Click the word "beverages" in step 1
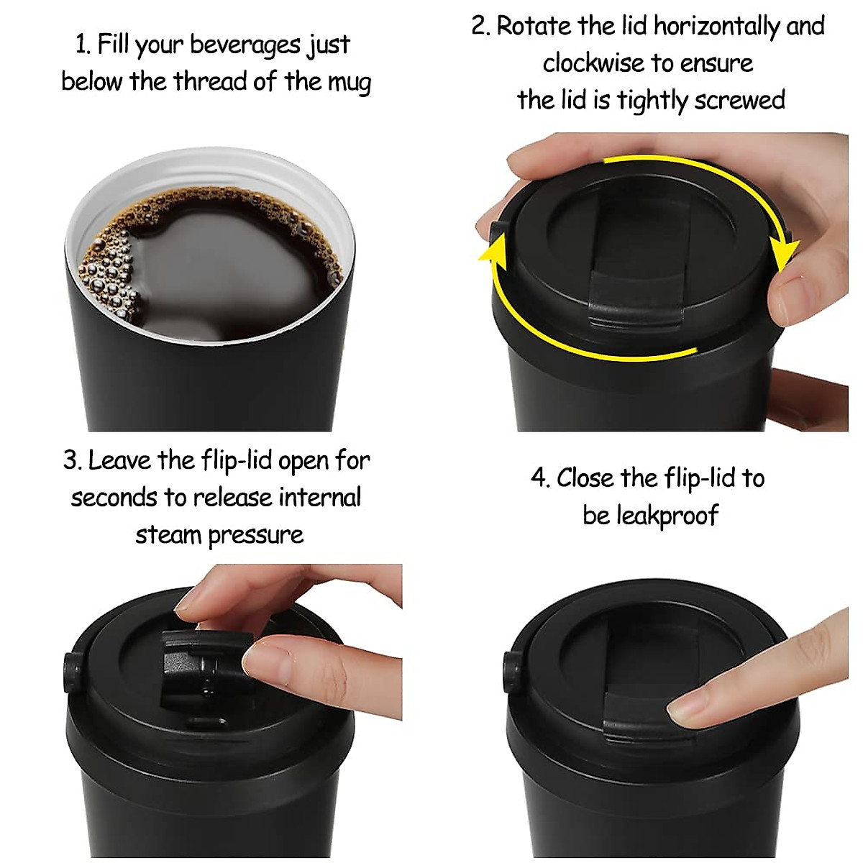(x=245, y=45)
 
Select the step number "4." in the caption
(x=540, y=478)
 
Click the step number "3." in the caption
(x=73, y=460)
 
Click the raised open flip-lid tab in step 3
(x=198, y=665)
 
